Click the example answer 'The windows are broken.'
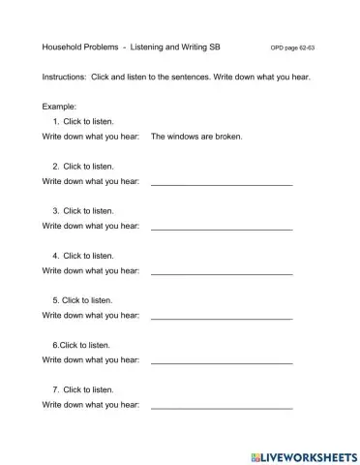(197, 137)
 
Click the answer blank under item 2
(222, 181)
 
